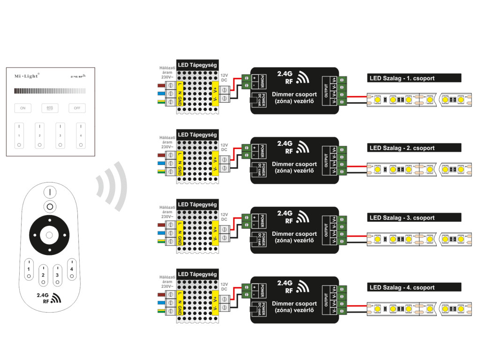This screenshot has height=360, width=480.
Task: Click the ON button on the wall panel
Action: (x=22, y=108)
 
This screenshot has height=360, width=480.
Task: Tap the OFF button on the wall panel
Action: (x=77, y=108)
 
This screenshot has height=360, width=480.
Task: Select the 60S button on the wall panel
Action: (x=50, y=108)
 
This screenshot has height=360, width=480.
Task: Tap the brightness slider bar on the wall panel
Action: (x=50, y=91)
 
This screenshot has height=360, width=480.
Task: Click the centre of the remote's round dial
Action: (x=49, y=234)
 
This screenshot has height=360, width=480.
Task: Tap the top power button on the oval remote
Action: (x=50, y=192)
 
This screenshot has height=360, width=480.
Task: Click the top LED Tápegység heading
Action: (x=197, y=64)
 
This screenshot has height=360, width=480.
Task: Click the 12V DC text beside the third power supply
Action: (x=224, y=217)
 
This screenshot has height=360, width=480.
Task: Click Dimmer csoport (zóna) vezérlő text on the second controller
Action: (x=294, y=167)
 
